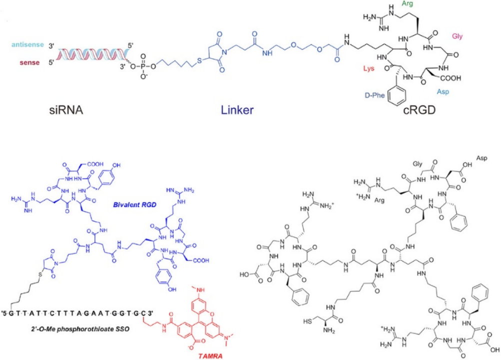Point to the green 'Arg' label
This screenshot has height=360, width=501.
408,4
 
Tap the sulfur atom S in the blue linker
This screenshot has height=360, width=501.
200,62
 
